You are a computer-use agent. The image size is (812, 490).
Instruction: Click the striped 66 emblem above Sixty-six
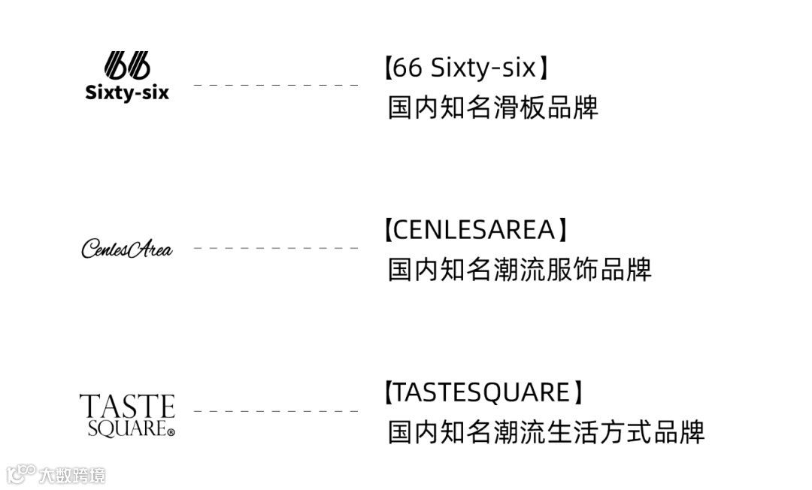click(x=127, y=65)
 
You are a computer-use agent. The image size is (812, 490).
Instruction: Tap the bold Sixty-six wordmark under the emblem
click(x=127, y=93)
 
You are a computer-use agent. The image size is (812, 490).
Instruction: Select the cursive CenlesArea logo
click(x=126, y=249)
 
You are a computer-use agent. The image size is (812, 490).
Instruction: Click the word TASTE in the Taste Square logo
click(x=127, y=407)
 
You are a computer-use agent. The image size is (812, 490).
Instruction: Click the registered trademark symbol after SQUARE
click(x=171, y=432)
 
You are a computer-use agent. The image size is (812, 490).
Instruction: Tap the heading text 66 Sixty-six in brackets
click(x=465, y=68)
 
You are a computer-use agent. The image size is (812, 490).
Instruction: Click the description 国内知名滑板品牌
click(x=492, y=107)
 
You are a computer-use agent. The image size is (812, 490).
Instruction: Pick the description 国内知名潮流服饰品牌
click(x=519, y=269)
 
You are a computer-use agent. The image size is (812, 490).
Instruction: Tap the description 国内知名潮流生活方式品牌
click(x=546, y=432)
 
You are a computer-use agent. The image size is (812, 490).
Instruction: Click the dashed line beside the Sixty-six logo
click(x=276, y=85)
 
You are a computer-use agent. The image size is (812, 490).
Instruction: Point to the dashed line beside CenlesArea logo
click(x=276, y=247)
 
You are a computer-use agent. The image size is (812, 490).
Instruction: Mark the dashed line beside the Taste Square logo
click(x=276, y=411)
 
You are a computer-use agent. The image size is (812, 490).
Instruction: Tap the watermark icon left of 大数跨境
click(x=21, y=474)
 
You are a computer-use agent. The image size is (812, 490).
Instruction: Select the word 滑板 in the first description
click(x=519, y=107)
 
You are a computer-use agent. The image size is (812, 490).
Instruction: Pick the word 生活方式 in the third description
click(x=598, y=432)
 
